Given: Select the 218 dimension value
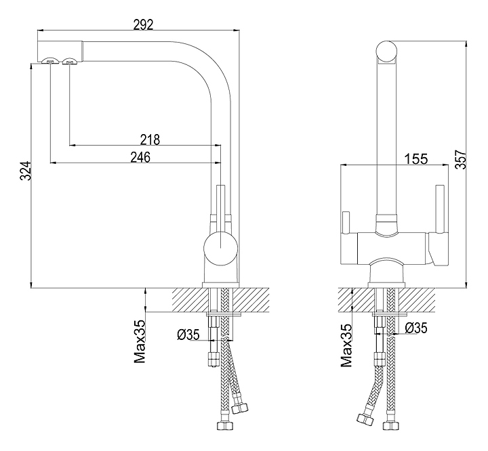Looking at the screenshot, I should coord(150,139).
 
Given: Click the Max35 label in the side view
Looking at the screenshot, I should coord(140,342).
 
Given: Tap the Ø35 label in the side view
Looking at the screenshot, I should coord(188,334).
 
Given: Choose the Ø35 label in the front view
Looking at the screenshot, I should coord(415,328).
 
